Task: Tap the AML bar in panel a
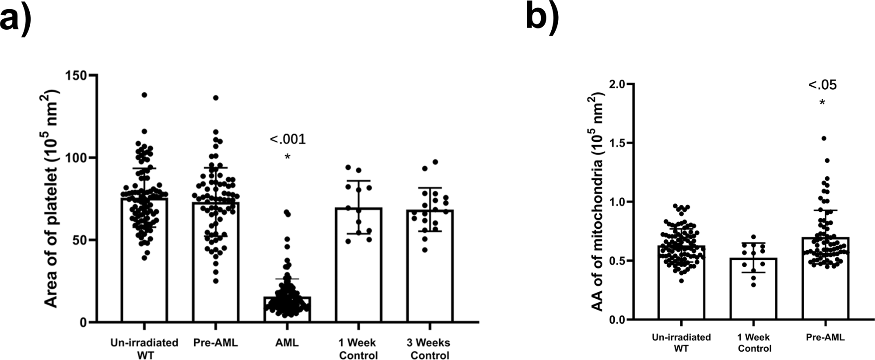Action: (287, 309)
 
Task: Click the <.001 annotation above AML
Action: (287, 140)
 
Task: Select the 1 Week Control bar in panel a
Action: (358, 265)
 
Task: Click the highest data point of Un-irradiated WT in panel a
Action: (144, 95)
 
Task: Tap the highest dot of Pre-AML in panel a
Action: (216, 98)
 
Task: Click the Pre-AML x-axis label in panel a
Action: (216, 343)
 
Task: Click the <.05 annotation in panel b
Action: (822, 85)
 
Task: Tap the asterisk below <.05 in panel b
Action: (822, 103)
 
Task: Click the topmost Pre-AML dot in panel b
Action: (823, 138)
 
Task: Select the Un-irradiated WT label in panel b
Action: (681, 343)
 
